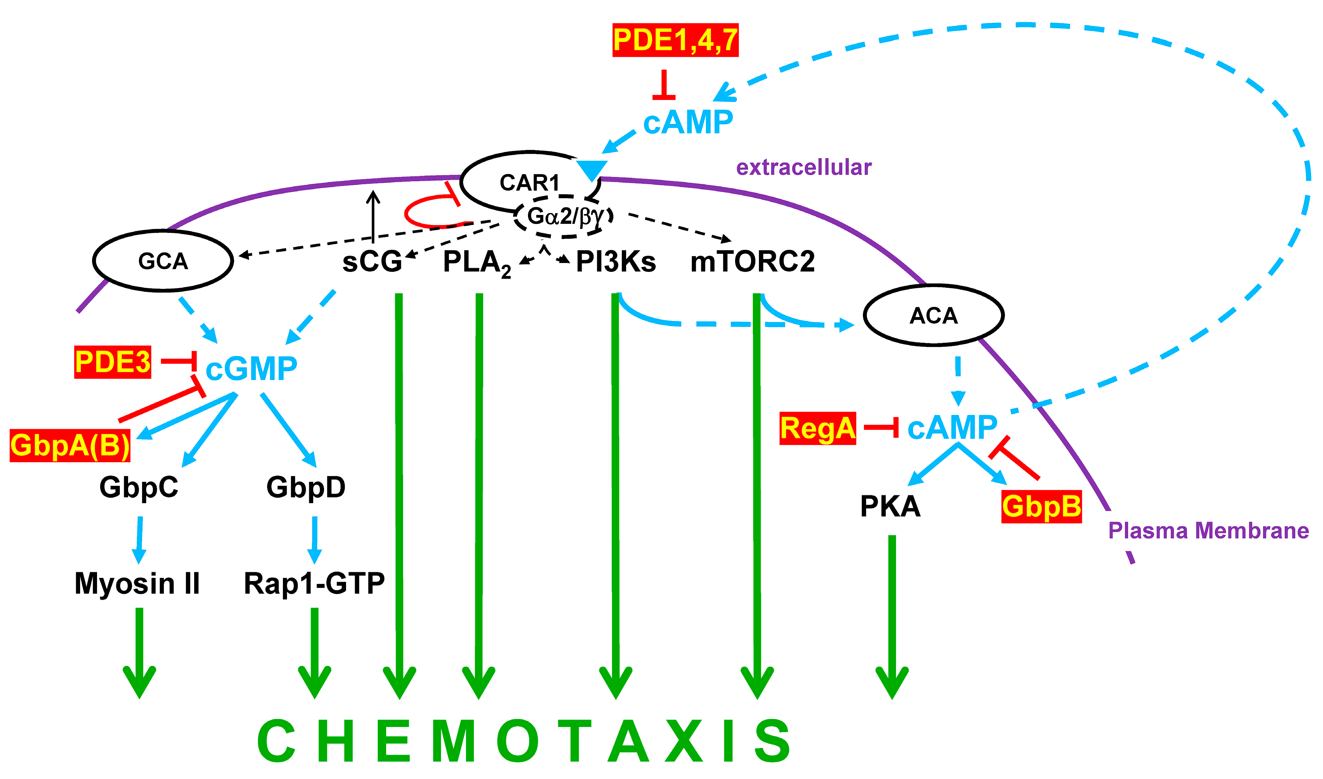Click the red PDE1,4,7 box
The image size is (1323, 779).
pos(675,40)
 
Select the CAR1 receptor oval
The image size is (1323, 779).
pos(529,183)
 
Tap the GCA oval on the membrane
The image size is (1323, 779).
pos(163,260)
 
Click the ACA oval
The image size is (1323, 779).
pos(934,315)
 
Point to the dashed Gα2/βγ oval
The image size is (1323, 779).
pos(564,216)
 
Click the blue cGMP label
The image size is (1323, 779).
pos(251,368)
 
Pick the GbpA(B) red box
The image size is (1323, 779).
pos(70,445)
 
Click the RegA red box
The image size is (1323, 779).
pos(817,428)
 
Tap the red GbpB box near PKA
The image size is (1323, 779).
pos(1041,506)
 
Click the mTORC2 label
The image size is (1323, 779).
pos(752,261)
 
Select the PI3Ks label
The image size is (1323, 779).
pos(616,261)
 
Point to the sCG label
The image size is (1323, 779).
pos(372,261)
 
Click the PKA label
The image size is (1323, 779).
pos(890,506)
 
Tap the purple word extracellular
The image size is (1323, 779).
pos(803,167)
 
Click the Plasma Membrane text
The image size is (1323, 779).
pos(1208,531)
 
